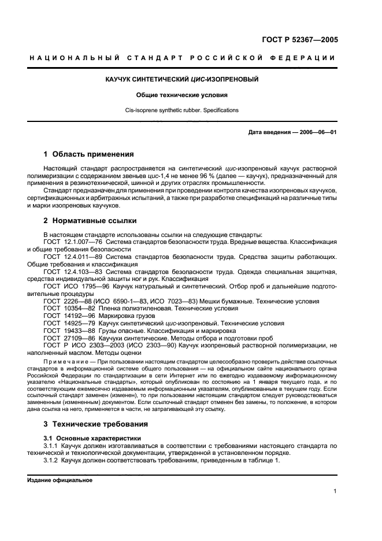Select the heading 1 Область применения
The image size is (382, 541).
(89, 154)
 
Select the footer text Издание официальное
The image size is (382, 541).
(55, 480)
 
